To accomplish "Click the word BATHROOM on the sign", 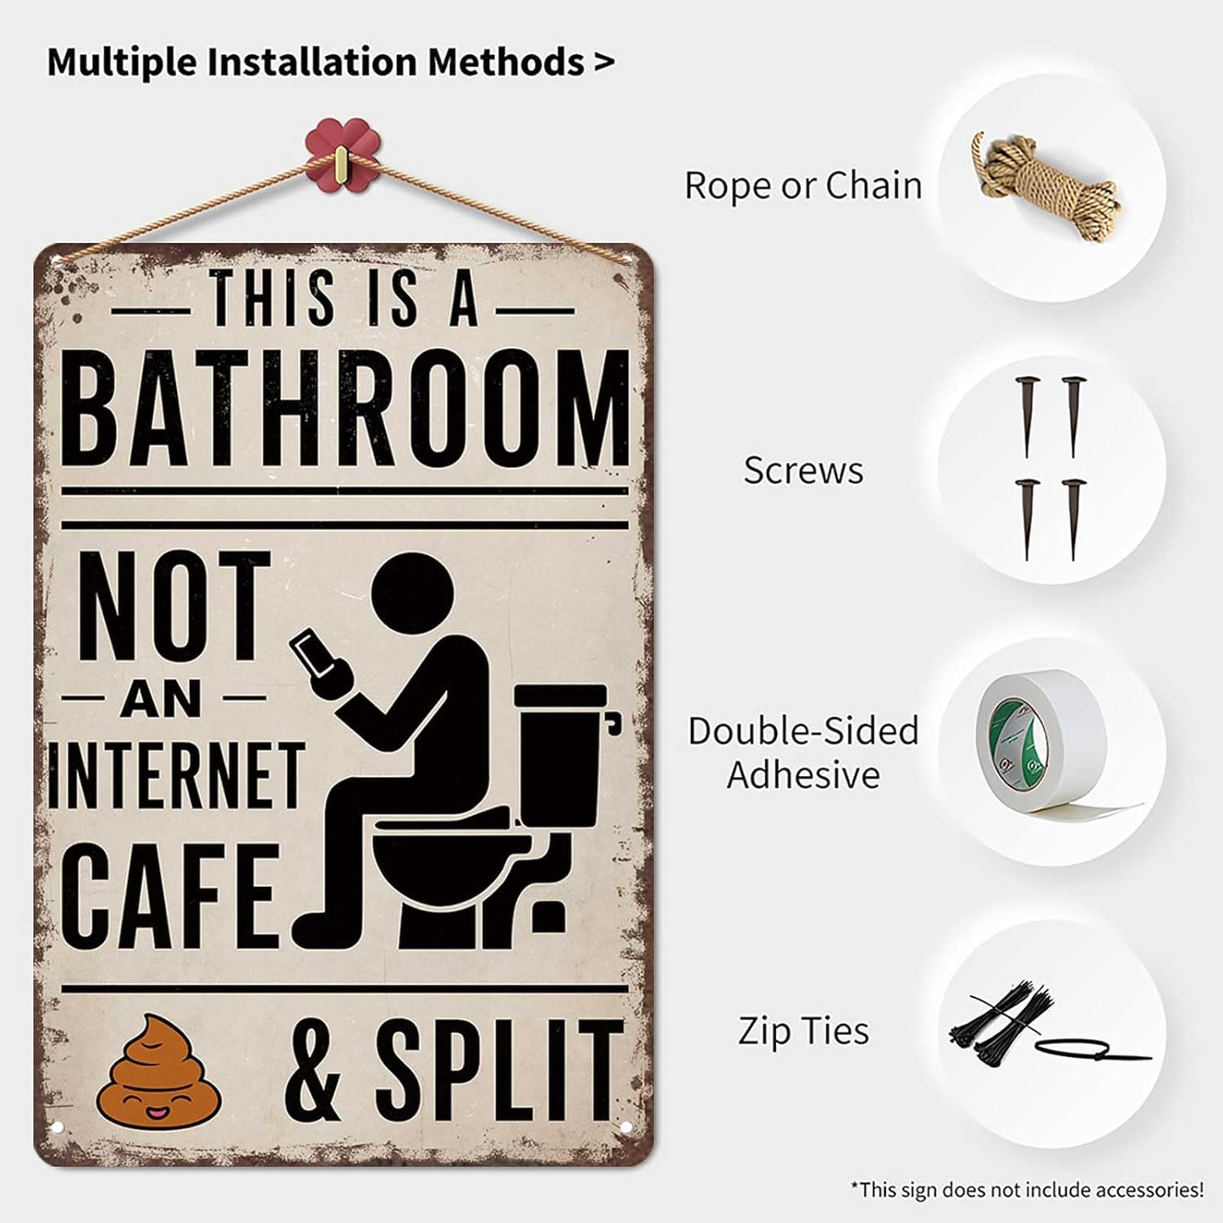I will click(x=345, y=408).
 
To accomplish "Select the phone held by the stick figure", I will click(x=313, y=654).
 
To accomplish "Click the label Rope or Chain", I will click(x=802, y=185).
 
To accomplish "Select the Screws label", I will click(x=803, y=471).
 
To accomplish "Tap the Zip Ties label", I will click(x=803, y=1031).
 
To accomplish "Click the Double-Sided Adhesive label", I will click(x=803, y=752).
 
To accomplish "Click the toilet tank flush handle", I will click(x=614, y=722).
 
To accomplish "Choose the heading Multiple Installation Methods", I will click(x=330, y=62).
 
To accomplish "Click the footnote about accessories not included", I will click(x=1027, y=1189).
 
